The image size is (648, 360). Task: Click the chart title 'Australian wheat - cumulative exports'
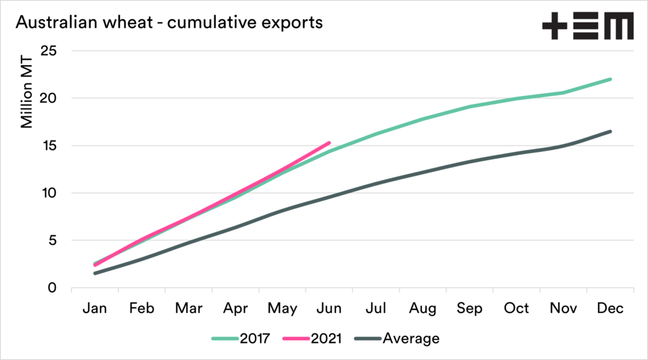click(x=169, y=23)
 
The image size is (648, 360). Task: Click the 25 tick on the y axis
click(x=49, y=51)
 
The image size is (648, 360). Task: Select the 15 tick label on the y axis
click(x=49, y=146)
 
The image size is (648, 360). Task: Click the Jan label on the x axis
click(x=95, y=308)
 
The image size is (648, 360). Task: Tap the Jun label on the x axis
click(x=329, y=308)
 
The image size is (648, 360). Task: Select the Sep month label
click(x=470, y=308)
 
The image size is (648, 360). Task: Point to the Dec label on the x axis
click(x=610, y=308)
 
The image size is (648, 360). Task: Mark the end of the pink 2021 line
click(x=329, y=143)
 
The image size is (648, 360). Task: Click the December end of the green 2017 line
click(x=610, y=79)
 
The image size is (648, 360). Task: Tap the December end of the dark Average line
click(x=610, y=132)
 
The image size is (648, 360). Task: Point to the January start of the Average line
click(x=95, y=273)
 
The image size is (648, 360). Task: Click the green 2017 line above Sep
click(x=470, y=106)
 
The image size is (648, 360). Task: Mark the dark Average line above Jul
click(x=376, y=183)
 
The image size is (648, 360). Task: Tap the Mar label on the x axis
click(x=189, y=308)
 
